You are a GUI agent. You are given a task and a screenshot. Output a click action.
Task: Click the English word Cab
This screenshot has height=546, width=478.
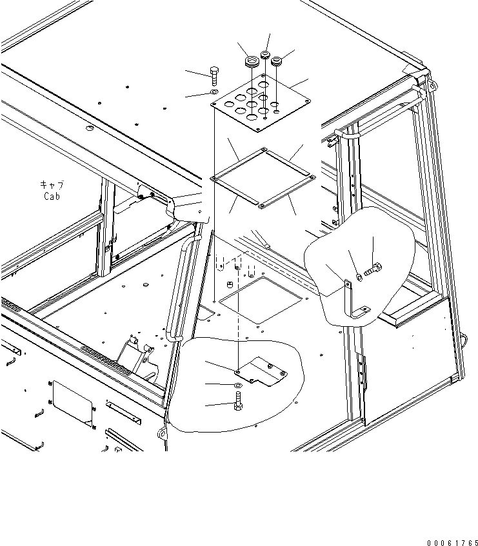pyautogui.click(x=52, y=196)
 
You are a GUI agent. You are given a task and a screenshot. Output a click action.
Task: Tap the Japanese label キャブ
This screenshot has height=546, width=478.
pyautogui.click(x=52, y=184)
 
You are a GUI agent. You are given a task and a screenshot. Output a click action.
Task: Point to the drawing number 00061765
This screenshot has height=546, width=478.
pyautogui.click(x=453, y=543)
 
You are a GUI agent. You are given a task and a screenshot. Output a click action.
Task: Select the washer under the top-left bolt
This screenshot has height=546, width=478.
pyautogui.click(x=214, y=92)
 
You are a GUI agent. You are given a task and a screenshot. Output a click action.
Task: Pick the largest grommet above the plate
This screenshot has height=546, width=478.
pyautogui.click(x=252, y=62)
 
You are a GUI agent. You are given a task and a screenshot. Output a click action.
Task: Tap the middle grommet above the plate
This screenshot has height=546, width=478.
pyautogui.click(x=265, y=55)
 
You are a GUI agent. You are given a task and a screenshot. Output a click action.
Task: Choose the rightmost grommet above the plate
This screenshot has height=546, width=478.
pyautogui.click(x=277, y=61)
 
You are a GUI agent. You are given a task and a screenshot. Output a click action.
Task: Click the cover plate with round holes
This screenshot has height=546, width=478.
pyautogui.click(x=260, y=103)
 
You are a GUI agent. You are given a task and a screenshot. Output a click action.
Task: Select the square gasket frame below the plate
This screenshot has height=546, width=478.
pyautogui.click(x=263, y=178)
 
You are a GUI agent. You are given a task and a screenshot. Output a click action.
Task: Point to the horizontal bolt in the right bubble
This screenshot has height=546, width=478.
pyautogui.click(x=373, y=270)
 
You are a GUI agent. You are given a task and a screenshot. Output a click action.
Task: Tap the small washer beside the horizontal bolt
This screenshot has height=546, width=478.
pyautogui.click(x=359, y=278)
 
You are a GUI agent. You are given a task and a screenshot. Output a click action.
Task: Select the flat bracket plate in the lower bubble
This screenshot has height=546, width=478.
pyautogui.click(x=262, y=372)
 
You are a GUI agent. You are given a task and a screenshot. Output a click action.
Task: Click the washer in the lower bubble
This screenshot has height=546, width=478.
pyautogui.click(x=238, y=385)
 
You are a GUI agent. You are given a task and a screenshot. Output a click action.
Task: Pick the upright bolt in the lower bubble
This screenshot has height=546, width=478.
pyautogui.click(x=238, y=401)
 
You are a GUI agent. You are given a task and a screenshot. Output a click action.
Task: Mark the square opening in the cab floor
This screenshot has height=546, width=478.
pyautogui.click(x=260, y=300)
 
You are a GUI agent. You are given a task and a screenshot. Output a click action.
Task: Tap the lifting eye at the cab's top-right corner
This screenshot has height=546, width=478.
pyautogui.click(x=432, y=84)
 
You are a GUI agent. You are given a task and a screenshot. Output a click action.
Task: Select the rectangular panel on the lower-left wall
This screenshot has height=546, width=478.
pyautogui.click(x=72, y=404)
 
